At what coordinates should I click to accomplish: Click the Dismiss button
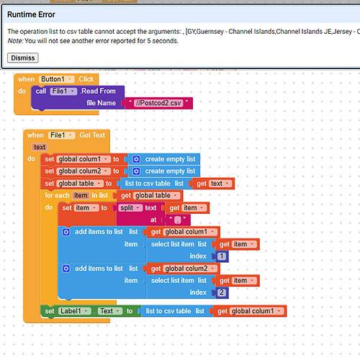23,58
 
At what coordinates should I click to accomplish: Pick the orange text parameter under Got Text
40,147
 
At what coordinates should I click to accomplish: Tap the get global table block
149,195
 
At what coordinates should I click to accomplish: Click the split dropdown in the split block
131,207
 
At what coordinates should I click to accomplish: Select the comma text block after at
176,219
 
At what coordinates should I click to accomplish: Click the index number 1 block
222,256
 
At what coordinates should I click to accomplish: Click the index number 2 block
222,292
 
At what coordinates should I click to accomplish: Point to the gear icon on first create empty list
135,159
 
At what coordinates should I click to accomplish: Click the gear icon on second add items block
67,268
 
